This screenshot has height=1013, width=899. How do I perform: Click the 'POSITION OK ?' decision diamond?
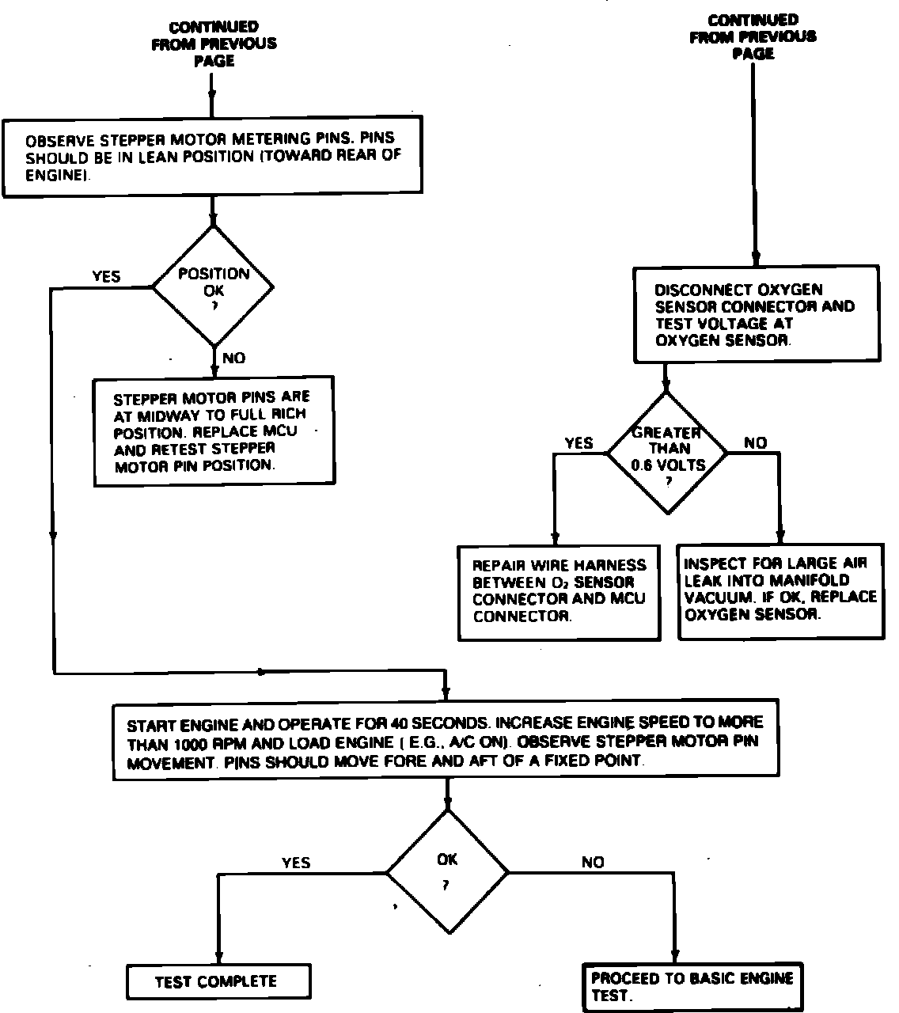tap(213, 286)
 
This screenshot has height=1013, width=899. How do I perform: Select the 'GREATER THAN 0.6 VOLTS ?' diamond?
tap(666, 452)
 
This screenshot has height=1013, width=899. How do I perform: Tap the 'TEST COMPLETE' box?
tap(216, 982)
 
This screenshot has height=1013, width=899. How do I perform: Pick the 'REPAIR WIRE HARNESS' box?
tap(560, 591)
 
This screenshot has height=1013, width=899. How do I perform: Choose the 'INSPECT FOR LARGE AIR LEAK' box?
tap(780, 590)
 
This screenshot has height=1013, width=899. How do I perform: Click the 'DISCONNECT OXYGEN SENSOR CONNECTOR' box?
tap(756, 315)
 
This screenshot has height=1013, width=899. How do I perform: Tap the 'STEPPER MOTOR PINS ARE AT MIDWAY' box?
tap(214, 431)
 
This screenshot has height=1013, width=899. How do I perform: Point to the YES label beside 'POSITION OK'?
tap(106, 276)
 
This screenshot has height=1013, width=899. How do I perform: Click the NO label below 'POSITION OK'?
tap(233, 359)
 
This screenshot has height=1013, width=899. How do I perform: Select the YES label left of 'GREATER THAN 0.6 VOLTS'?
tap(578, 443)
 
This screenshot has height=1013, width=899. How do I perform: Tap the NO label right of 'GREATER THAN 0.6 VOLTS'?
tap(756, 443)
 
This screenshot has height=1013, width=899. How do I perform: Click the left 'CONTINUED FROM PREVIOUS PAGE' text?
tap(214, 44)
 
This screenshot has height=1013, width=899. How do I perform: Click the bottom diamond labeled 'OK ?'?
tap(446, 871)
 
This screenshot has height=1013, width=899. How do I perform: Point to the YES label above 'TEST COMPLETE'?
tap(296, 863)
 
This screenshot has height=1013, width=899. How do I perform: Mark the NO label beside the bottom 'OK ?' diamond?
tap(592, 863)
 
